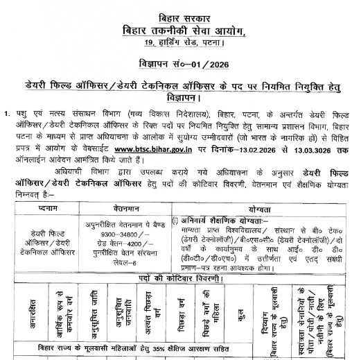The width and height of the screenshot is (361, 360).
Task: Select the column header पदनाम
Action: point(55,207)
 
